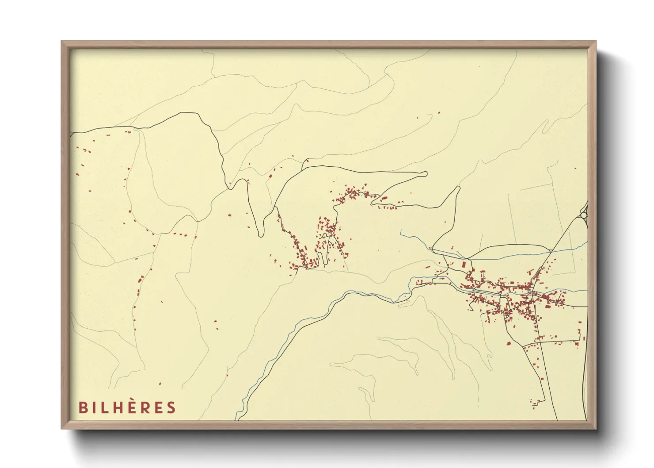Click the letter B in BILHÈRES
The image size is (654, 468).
pos(83,407)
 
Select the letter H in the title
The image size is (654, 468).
pos(113,407)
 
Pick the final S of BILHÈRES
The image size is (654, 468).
pos(171,407)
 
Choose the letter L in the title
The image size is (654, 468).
pos(101,407)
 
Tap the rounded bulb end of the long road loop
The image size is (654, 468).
pos(425,174)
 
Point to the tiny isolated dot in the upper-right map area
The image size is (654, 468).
pos(479,67)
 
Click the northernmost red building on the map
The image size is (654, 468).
pos(439,112)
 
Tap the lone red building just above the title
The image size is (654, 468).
pos(160,384)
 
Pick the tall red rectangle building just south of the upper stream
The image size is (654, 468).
pos(464,264)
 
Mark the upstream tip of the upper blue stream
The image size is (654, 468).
pos(401,230)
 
